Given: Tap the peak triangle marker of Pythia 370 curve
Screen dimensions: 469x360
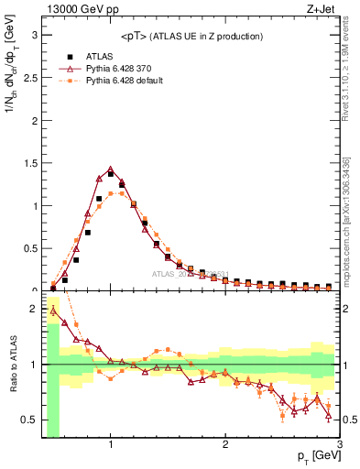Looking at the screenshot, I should [111, 169].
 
